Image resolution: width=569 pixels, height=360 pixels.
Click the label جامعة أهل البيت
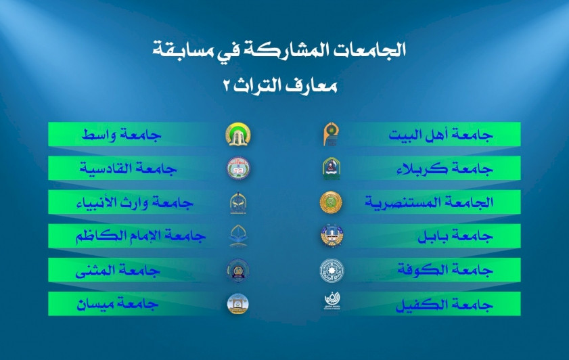pyautogui.click(x=440, y=135)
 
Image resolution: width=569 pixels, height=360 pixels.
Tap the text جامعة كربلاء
pyautogui.click(x=445, y=168)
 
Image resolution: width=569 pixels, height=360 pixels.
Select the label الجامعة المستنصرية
pyautogui.click(x=429, y=202)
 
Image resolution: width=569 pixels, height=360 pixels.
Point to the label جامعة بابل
pyautogui.click(x=455, y=236)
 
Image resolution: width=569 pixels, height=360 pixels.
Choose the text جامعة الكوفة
pyautogui.click(x=445, y=269)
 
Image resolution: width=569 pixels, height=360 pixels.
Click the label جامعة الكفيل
pyautogui.click(x=444, y=304)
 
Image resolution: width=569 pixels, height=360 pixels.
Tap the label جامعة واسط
pyautogui.click(x=121, y=135)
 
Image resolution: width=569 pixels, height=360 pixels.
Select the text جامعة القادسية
pyautogui.click(x=128, y=168)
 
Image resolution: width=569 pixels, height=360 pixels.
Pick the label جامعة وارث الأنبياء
pyautogui.click(x=135, y=202)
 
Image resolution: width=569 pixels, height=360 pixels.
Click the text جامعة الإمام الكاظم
pyautogui.click(x=141, y=236)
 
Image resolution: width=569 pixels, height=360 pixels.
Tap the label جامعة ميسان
pyautogui.click(x=117, y=304)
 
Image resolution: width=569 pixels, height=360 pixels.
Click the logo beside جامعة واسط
pyautogui.click(x=238, y=134)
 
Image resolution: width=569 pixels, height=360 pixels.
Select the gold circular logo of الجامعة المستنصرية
pyautogui.click(x=331, y=202)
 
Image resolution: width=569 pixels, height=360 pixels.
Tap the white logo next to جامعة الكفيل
pyautogui.click(x=332, y=301)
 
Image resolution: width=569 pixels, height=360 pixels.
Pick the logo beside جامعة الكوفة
pyautogui.click(x=332, y=271)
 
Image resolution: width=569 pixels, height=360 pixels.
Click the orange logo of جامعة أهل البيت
pyautogui.click(x=331, y=134)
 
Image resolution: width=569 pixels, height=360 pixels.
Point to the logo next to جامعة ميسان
pyautogui.click(x=237, y=304)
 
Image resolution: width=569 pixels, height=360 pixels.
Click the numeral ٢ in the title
pyautogui.click(x=226, y=87)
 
